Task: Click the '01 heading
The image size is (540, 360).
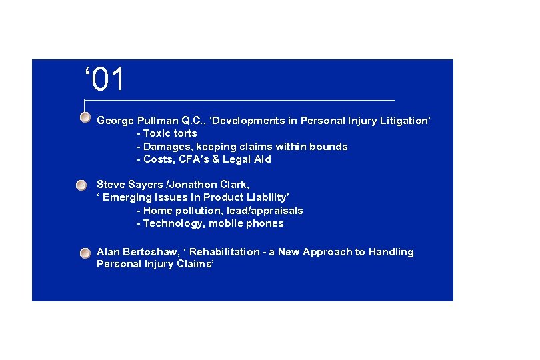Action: click(105, 80)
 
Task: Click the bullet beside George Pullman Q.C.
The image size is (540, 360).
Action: click(85, 118)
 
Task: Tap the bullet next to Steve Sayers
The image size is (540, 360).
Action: click(81, 184)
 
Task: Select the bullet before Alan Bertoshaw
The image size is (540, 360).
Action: click(85, 253)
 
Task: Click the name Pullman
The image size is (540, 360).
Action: click(157, 121)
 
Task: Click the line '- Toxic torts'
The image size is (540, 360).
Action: click(167, 133)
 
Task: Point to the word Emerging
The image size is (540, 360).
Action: click(128, 197)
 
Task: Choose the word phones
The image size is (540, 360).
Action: click(265, 223)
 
